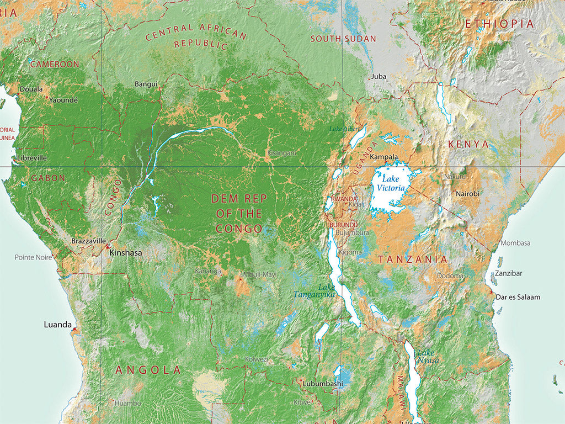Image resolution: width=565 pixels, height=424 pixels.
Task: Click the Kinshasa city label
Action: coord(126,253)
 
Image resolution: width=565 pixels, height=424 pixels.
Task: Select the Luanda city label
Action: coord(58,325)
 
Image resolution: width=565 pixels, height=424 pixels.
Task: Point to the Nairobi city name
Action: coord(467,194)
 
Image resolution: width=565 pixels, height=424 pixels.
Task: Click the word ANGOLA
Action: coord(148,370)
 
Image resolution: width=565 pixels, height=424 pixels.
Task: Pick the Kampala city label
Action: coord(385,157)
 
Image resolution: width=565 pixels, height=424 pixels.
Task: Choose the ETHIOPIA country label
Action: coord(499,24)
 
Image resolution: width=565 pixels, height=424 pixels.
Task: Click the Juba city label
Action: coord(379,76)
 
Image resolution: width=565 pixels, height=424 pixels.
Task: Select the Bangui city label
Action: coord(146,84)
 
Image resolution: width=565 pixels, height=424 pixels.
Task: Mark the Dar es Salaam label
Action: coord(518,297)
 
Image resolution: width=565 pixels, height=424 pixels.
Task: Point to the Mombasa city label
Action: coord(515,243)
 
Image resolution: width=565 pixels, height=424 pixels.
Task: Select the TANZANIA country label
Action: coord(413,259)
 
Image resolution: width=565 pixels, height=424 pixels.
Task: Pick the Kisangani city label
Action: coord(281,152)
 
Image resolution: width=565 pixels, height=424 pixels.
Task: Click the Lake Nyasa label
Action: coord(428,357)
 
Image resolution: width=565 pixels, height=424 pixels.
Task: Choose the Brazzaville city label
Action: coord(88,241)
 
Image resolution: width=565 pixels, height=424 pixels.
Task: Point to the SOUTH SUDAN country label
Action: coord(343,39)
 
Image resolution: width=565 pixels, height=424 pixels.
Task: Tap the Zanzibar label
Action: coord(508,273)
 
